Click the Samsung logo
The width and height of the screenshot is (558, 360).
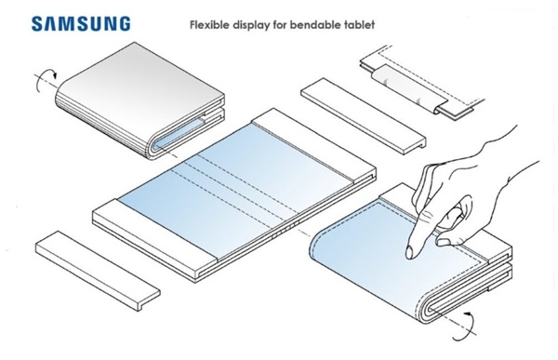[81, 23]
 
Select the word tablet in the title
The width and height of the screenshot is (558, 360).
[360, 25]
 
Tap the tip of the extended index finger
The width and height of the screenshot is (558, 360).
[410, 254]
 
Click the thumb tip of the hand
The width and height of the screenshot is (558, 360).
[442, 243]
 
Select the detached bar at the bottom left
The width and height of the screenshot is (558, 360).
[98, 271]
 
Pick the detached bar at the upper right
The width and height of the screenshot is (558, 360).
[364, 116]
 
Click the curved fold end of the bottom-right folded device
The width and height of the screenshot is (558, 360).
[427, 304]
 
